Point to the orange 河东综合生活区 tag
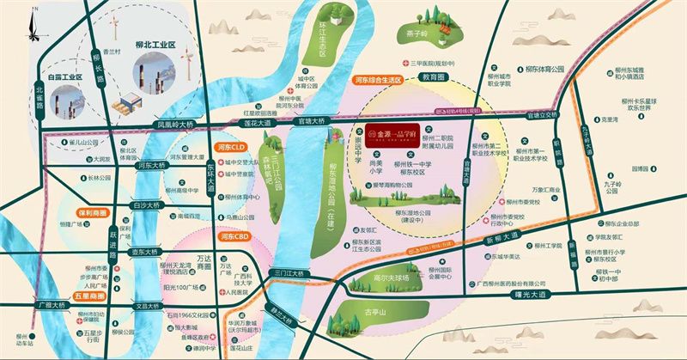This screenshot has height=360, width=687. click(x=379, y=79)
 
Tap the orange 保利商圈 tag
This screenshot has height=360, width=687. click(x=90, y=212)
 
